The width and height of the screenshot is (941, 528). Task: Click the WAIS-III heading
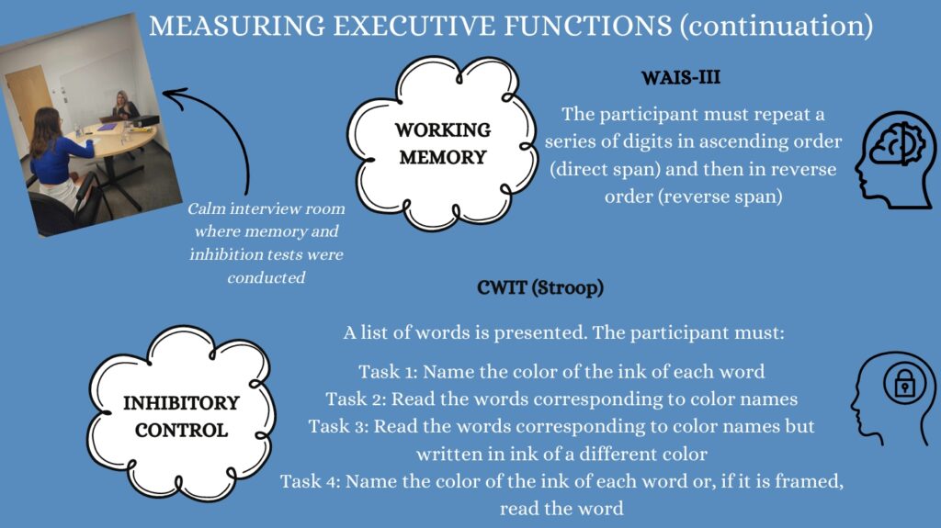point(681,77)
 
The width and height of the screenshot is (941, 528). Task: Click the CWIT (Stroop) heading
point(540,287)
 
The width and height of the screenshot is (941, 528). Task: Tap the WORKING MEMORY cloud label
point(443,143)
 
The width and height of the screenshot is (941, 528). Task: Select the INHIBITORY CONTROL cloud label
point(181,416)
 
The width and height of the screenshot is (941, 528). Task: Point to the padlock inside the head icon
point(904,384)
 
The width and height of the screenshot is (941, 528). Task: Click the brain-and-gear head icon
point(894,160)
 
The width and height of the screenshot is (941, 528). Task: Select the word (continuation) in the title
point(777,27)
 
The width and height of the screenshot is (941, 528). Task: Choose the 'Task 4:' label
point(311,481)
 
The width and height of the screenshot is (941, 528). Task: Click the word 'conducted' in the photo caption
point(266,277)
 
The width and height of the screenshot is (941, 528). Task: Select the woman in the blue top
point(59,162)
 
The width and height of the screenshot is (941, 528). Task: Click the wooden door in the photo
point(27,103)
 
